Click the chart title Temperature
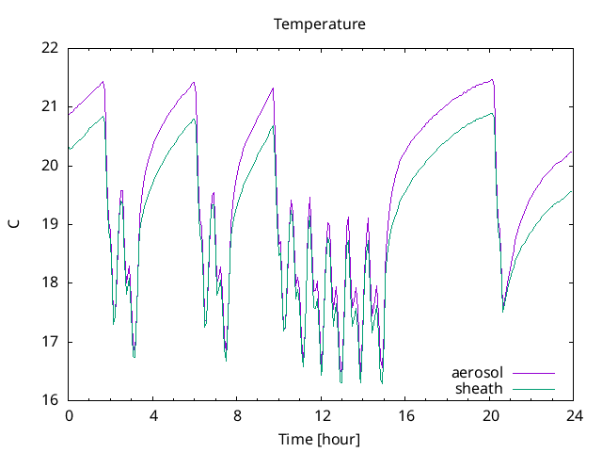point(320,24)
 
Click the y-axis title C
point(13,223)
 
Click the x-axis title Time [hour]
point(319,439)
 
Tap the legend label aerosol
point(477,373)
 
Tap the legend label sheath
point(480,388)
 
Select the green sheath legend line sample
point(533,389)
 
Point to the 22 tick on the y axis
point(50,48)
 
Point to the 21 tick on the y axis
point(50,106)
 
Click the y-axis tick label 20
point(50,166)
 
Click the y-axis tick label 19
point(50,224)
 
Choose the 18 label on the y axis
point(50,282)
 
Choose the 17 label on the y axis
point(50,342)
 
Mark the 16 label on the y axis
point(50,400)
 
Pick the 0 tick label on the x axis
point(69,415)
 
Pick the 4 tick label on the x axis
point(153,415)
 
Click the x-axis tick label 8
point(237,415)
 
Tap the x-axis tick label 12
point(322,415)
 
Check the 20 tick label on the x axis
point(490,415)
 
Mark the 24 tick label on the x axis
point(574,415)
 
